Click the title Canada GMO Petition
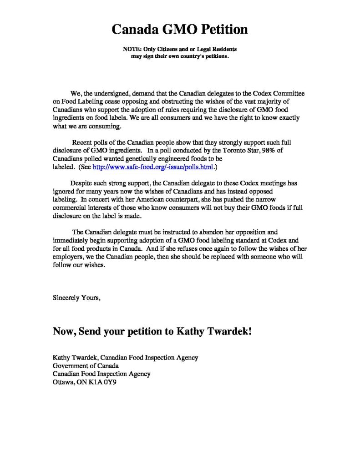pyautogui.click(x=180, y=30)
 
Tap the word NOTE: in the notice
pyautogui.click(x=133, y=49)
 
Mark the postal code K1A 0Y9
pyautogui.click(x=103, y=382)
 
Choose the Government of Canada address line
pyautogui.click(x=86, y=366)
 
